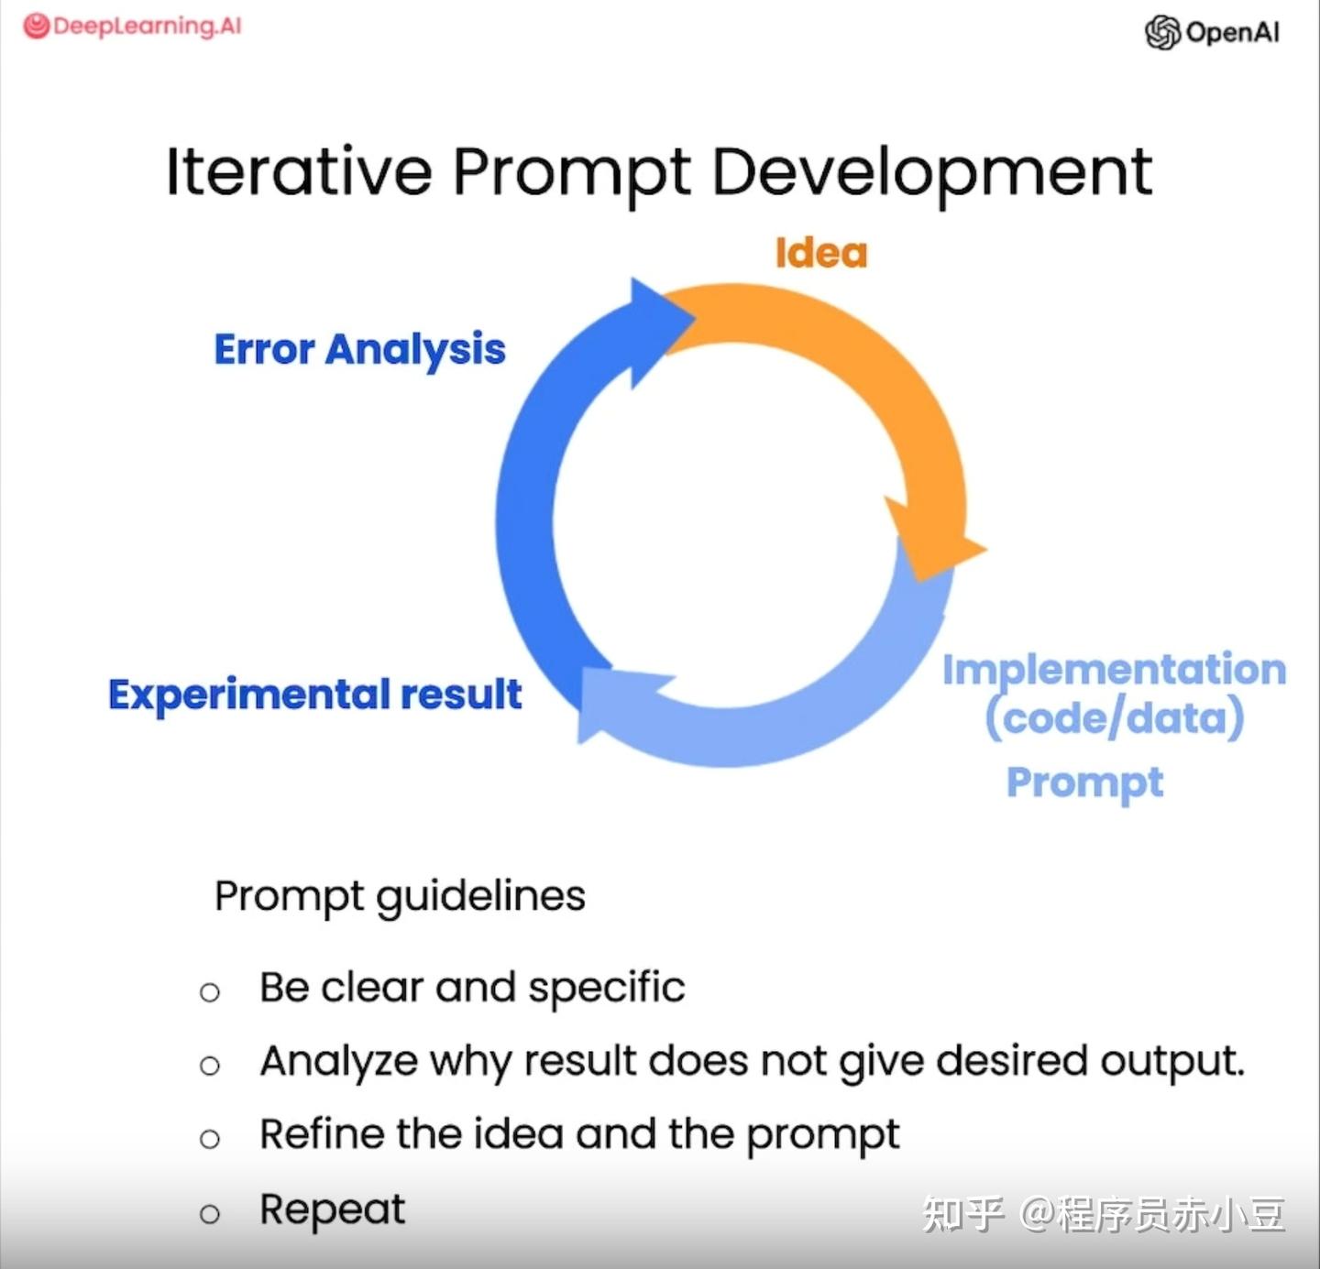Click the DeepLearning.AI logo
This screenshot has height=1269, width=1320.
(132, 27)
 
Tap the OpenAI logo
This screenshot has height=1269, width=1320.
(1212, 33)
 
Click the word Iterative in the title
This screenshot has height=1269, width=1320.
(299, 172)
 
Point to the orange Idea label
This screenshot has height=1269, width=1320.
(820, 253)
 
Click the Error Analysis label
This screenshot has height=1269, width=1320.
(360, 351)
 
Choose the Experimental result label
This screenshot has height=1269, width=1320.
(315, 695)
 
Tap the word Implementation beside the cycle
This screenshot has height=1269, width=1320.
(1115, 671)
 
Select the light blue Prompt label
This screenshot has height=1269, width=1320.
(1084, 783)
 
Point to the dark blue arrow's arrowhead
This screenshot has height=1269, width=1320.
(659, 332)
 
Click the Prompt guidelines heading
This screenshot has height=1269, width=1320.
(400, 897)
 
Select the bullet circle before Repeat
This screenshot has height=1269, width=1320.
(210, 1213)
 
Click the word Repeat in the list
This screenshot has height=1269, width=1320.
(333, 1210)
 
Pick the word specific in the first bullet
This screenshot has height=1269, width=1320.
(607, 989)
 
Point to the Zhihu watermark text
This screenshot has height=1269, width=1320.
(1104, 1214)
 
